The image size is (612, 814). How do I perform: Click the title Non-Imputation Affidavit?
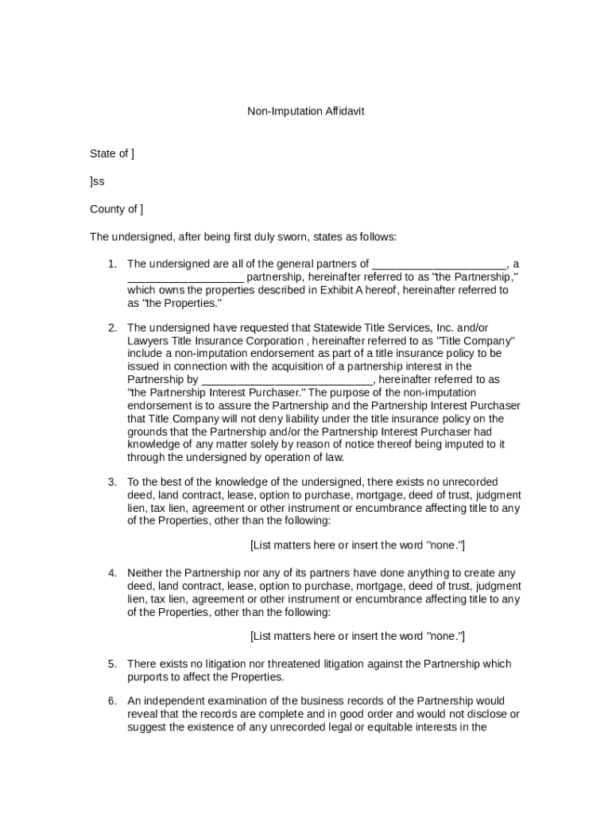click(x=305, y=111)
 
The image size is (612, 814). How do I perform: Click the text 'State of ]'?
click(x=112, y=153)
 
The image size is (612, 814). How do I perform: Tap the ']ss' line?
click(x=97, y=181)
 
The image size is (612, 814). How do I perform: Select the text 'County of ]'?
click(x=117, y=209)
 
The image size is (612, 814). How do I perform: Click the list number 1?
click(x=112, y=264)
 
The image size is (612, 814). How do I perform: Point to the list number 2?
click(x=112, y=328)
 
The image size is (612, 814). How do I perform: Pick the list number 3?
click(x=112, y=482)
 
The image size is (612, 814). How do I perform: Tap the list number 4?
click(x=112, y=572)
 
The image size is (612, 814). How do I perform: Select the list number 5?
click(x=112, y=664)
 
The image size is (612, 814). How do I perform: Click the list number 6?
click(x=112, y=700)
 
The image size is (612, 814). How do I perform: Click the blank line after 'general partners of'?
click(x=439, y=266)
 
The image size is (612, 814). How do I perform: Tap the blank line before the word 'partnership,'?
click(x=184, y=278)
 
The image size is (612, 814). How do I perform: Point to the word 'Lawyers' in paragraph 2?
click(x=147, y=340)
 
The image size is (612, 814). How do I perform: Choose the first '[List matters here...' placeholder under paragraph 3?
click(x=357, y=545)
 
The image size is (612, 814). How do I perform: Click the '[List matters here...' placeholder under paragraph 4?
click(x=357, y=636)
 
